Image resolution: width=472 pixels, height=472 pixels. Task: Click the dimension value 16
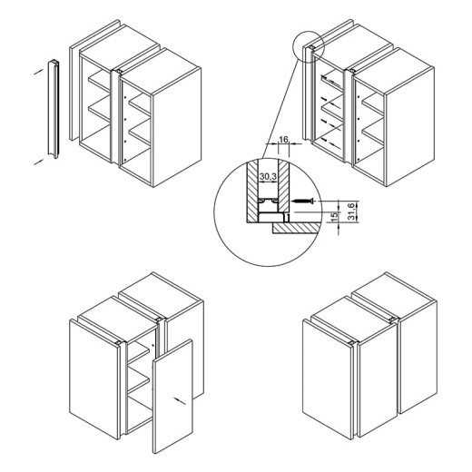coord(283,140)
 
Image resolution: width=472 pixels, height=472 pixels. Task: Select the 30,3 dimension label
coord(268,177)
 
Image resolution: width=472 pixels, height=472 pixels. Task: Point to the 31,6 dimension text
coord(351,211)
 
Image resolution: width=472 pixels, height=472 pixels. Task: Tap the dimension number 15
coord(334,217)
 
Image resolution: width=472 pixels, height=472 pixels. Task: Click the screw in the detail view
coord(302,201)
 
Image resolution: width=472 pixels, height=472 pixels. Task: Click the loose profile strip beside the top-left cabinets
coord(54,109)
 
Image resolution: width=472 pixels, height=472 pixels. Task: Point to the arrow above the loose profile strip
coord(38,72)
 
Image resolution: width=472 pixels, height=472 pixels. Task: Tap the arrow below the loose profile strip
coord(38,162)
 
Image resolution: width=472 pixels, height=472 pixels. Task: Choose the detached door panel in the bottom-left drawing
coord(172,396)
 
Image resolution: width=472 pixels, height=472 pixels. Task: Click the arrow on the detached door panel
coord(180,400)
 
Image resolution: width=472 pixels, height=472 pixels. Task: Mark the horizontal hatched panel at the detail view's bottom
coord(296,229)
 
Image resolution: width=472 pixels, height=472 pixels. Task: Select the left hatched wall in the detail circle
coord(252,191)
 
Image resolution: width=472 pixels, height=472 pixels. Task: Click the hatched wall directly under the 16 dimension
coord(284,185)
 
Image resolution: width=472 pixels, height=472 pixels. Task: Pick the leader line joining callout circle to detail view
coord(280,109)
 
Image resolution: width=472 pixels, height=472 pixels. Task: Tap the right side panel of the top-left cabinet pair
coord(177,127)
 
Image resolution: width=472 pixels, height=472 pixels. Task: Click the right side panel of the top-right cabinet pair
coord(410,127)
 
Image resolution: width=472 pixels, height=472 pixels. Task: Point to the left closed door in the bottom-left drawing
coord(93,379)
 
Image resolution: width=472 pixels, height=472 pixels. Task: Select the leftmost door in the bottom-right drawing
coord(328,379)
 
